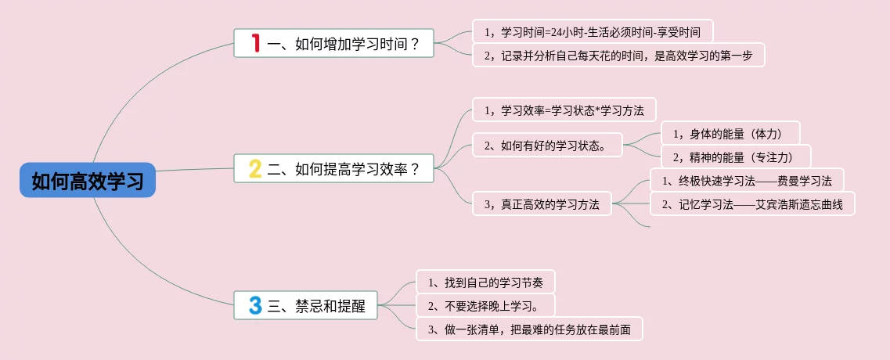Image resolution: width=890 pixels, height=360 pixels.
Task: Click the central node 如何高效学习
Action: pyautogui.click(x=88, y=181)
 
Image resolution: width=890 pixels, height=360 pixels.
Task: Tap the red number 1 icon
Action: pyautogui.click(x=255, y=43)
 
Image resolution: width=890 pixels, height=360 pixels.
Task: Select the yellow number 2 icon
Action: pyautogui.click(x=255, y=168)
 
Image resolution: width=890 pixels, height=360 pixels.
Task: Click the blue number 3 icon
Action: pyautogui.click(x=255, y=305)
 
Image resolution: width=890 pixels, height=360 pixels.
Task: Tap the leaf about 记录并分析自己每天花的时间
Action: pyautogui.click(x=618, y=55)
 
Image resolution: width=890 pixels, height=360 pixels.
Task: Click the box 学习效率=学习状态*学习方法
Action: pyautogui.click(x=564, y=110)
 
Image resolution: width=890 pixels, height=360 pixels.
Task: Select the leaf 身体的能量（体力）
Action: pyautogui.click(x=730, y=134)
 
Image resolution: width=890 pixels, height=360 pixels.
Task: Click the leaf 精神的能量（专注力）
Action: pyautogui.click(x=736, y=157)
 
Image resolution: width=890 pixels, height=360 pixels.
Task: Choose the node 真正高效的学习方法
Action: pyautogui.click(x=542, y=204)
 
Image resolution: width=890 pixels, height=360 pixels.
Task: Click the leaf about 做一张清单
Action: pyautogui.click(x=529, y=329)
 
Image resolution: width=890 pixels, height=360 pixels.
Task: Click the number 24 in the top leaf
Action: pyautogui.click(x=557, y=32)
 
